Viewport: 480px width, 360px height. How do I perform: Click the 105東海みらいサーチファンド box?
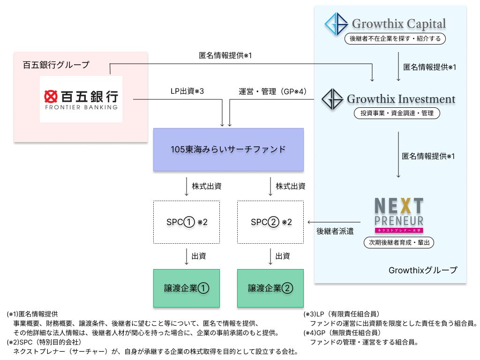[x=228, y=150]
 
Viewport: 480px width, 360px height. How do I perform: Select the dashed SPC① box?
[x=187, y=222]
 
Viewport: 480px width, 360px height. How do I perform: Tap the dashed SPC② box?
[x=270, y=222]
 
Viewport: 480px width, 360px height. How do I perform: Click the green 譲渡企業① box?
[x=187, y=288]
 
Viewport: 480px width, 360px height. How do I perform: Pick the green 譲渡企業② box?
[x=270, y=288]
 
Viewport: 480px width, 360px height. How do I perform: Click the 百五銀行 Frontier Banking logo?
[x=81, y=99]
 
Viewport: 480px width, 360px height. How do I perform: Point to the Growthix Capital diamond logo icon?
[x=337, y=24]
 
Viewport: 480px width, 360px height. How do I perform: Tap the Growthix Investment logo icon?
[x=332, y=99]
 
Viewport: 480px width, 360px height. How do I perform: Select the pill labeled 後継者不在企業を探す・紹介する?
[x=395, y=39]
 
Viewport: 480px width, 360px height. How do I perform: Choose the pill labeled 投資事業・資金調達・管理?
[x=397, y=113]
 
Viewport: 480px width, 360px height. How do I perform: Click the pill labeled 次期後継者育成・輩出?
[x=399, y=242]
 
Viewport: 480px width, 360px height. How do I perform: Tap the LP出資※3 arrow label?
[x=187, y=91]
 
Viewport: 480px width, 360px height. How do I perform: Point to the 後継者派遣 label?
[x=335, y=231]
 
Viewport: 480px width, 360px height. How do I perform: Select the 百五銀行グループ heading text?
[x=56, y=65]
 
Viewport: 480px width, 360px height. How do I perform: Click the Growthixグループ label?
[x=422, y=270]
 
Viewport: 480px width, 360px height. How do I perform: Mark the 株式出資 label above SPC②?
[x=291, y=186]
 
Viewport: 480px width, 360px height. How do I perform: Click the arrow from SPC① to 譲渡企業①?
[x=187, y=256]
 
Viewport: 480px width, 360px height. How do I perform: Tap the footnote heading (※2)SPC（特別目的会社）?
[x=45, y=342]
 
